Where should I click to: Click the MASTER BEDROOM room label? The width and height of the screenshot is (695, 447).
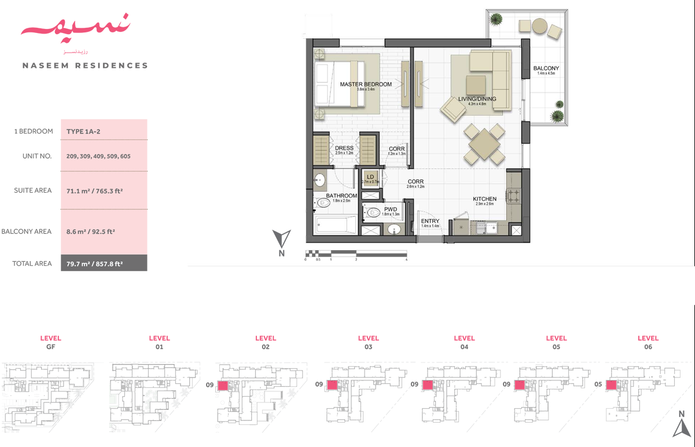coord(365,85)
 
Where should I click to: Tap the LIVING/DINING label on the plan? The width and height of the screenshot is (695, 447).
coord(477,99)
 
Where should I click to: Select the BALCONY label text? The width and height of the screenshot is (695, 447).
coord(546,69)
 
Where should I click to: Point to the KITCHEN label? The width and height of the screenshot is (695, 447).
coord(484,199)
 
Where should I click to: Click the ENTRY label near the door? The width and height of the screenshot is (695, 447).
coord(430,221)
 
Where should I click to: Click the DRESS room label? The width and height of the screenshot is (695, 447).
coord(344,148)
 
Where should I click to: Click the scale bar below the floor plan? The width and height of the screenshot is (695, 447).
coord(355,254)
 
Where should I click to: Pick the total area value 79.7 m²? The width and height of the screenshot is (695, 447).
coord(95,263)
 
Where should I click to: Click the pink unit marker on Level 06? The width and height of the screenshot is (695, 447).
coord(611,385)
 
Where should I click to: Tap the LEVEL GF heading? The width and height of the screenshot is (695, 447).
coord(50,342)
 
